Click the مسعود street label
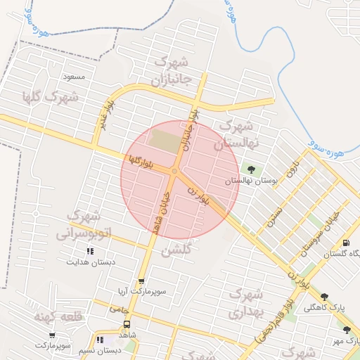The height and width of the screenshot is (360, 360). pos(73,76)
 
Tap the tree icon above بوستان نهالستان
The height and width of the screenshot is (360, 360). pos(250,169)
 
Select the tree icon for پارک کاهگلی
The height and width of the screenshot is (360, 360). pos(324,297)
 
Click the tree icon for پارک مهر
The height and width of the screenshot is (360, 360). pos(347,329)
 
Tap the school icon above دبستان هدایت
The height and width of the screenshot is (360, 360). pos(89,251)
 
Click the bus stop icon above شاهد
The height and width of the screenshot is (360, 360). pos(127,324)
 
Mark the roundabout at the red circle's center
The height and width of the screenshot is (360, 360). pos(174,171)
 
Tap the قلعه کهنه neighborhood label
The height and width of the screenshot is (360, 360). pos(58,316)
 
